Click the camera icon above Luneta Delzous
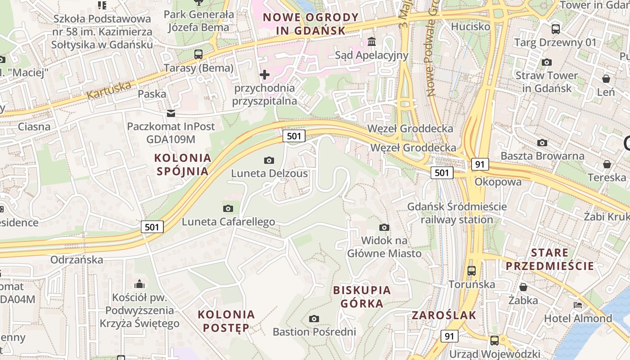[x=269, y=160]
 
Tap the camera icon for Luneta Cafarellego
[x=228, y=208]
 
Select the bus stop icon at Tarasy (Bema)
[x=198, y=54]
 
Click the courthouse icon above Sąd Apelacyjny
[x=372, y=42]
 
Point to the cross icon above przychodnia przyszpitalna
[x=265, y=75]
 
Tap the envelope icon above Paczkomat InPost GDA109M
[x=171, y=113]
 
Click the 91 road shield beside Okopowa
[x=480, y=164]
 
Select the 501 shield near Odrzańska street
[x=152, y=227]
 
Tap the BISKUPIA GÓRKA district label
[x=362, y=297]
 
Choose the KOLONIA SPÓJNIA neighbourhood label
[x=182, y=164]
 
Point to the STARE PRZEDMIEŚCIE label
[x=549, y=259]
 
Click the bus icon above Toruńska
[x=471, y=271]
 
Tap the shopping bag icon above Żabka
[x=523, y=287]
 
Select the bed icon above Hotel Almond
[x=578, y=305]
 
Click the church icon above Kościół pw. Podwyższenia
[x=139, y=284]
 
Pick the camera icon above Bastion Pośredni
[x=314, y=319]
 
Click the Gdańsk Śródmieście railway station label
[x=457, y=213]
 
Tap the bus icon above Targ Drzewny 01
[x=556, y=29]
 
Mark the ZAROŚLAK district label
[x=444, y=315]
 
